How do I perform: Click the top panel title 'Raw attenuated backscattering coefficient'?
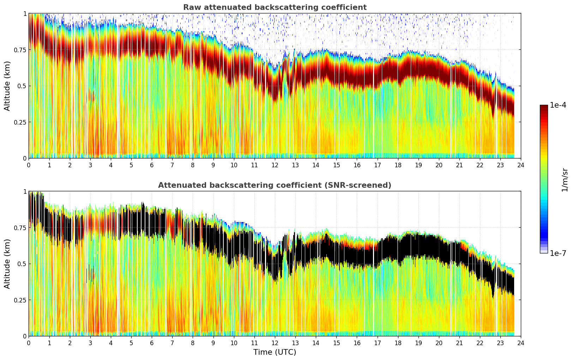[x=275, y=7]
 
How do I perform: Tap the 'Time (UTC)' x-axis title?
[x=275, y=352]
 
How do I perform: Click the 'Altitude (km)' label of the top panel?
[x=7, y=86]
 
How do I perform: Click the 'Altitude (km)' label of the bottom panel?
[x=7, y=264]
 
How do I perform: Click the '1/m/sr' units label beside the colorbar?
[x=565, y=180]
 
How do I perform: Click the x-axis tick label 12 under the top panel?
[x=275, y=165]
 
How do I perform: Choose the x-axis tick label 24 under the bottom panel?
[x=521, y=343]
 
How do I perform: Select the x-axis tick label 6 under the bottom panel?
[x=152, y=343]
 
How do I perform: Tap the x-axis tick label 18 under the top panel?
[x=398, y=165]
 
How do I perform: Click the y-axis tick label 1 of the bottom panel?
[x=25, y=192]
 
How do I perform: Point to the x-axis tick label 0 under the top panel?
[x=29, y=165]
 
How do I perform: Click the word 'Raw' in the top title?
[x=191, y=7]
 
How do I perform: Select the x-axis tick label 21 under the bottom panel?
[x=459, y=343]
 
